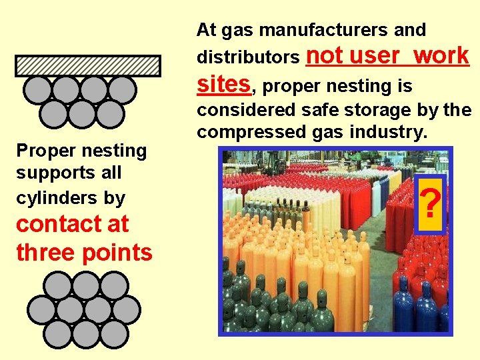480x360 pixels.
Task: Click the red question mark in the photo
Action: pos(431,205)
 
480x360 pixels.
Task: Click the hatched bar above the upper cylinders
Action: pos(88,65)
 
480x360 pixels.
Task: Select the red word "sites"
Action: pos(223,85)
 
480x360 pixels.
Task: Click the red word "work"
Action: pos(441,56)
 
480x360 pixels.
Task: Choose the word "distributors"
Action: pos(248,58)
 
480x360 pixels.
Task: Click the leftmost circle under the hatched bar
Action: pos(38,90)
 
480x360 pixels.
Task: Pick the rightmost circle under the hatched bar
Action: pos(122,90)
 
